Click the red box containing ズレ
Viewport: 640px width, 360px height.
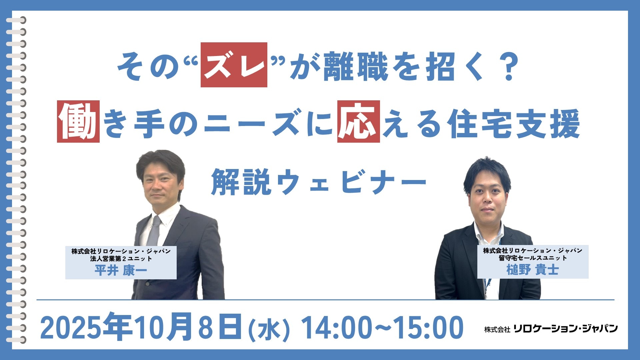(x=234, y=65)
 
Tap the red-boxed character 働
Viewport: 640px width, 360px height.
(x=78, y=121)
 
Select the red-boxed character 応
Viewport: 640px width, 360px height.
(x=358, y=121)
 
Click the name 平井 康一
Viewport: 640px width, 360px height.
(x=121, y=270)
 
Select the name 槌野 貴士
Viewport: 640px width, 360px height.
(x=532, y=269)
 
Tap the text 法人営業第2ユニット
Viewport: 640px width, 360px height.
(x=121, y=258)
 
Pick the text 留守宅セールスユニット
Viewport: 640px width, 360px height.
(x=533, y=258)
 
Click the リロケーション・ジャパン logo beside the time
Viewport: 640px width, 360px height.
(x=551, y=329)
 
